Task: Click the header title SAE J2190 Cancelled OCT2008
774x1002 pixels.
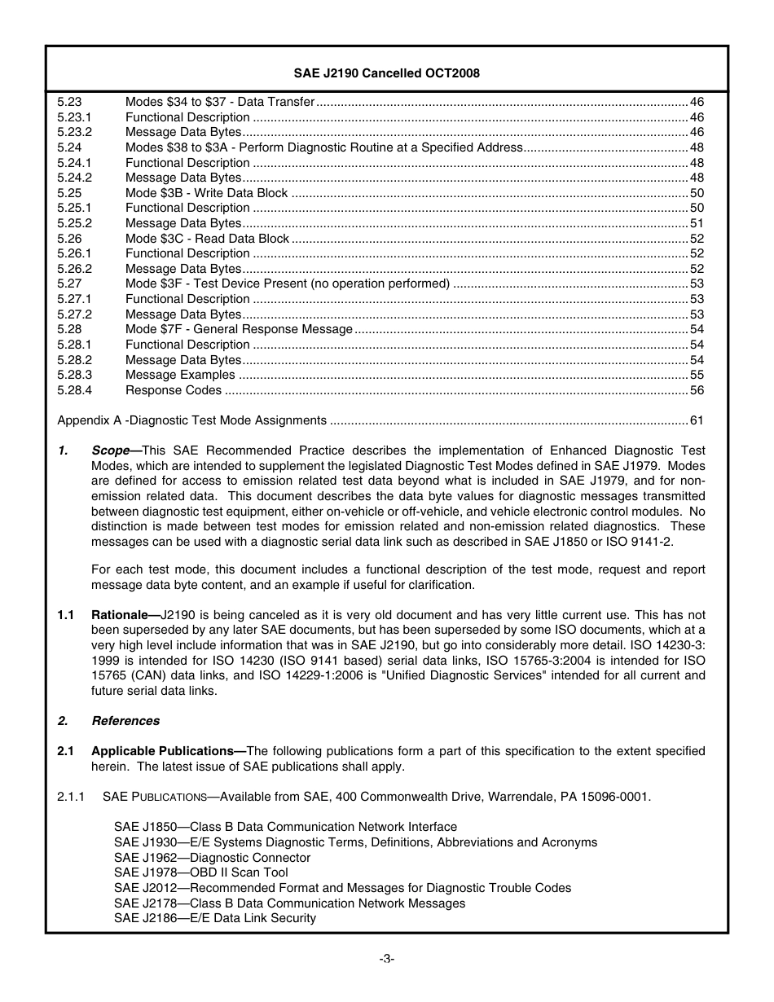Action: [386, 73]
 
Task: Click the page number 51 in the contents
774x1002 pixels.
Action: [697, 223]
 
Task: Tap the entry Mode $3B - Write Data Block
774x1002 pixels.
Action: [206, 193]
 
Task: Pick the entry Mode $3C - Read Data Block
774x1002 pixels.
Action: [207, 239]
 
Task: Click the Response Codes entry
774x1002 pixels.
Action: [174, 390]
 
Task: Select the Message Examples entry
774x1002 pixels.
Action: [180, 375]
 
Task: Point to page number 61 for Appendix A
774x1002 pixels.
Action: [697, 420]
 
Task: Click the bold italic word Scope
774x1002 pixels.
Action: [110, 450]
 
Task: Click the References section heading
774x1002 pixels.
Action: [125, 721]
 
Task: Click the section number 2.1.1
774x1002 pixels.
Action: [71, 797]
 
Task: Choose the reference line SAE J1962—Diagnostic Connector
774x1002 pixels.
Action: [212, 858]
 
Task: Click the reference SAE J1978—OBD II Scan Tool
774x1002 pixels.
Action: [200, 872]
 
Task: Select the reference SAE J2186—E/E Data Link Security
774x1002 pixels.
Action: [214, 918]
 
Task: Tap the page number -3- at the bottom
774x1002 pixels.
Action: [387, 959]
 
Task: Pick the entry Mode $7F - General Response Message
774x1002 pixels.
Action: [239, 329]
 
